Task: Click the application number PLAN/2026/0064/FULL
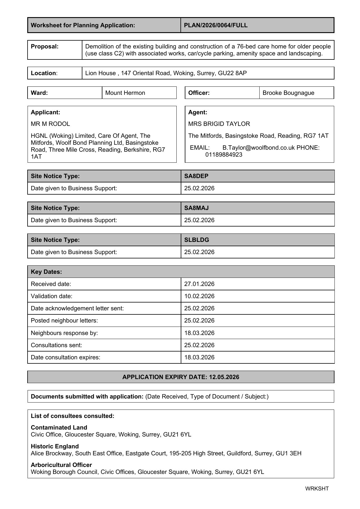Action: [216, 25]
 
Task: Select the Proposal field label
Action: [45, 46]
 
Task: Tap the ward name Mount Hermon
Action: [125, 93]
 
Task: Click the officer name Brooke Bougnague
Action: [288, 93]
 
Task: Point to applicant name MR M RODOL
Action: [50, 124]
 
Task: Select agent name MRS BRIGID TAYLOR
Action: [219, 124]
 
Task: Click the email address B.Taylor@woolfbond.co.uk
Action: [258, 148]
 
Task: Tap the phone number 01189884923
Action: [224, 155]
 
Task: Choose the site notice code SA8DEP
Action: [196, 176]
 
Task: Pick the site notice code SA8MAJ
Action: [196, 208]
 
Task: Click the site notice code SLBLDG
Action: [196, 240]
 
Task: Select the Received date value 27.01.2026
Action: [199, 284]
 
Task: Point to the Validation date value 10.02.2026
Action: [199, 296]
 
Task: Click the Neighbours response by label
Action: [64, 333]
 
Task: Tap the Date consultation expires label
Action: [66, 357]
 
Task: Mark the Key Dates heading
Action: [46, 272]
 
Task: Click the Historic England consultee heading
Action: [55, 446]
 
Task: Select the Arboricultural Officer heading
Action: [61, 465]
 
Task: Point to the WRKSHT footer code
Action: [317, 489]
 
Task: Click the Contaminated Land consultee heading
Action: [59, 428]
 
